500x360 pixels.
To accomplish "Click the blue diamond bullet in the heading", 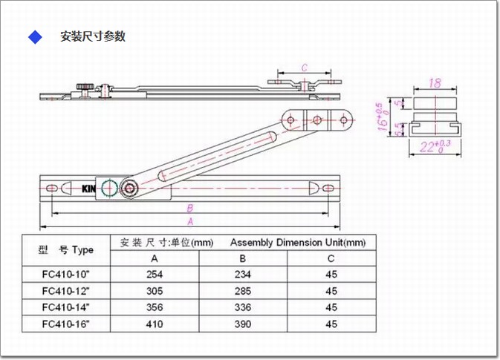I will tap(34, 37).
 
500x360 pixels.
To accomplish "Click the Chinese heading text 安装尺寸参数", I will tap(93, 36).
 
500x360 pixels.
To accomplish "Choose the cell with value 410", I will tap(154, 324).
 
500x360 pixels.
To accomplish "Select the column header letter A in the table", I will tap(154, 258).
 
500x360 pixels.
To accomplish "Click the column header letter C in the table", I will tap(331, 258).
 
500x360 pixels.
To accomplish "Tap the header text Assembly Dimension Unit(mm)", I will tap(297, 243).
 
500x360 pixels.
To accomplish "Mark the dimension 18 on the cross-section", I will tap(436, 84).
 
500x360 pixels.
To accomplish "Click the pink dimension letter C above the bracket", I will tap(305, 68).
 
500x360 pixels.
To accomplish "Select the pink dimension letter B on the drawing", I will tap(190, 209).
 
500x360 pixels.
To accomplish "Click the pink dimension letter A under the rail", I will tap(190, 221).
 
